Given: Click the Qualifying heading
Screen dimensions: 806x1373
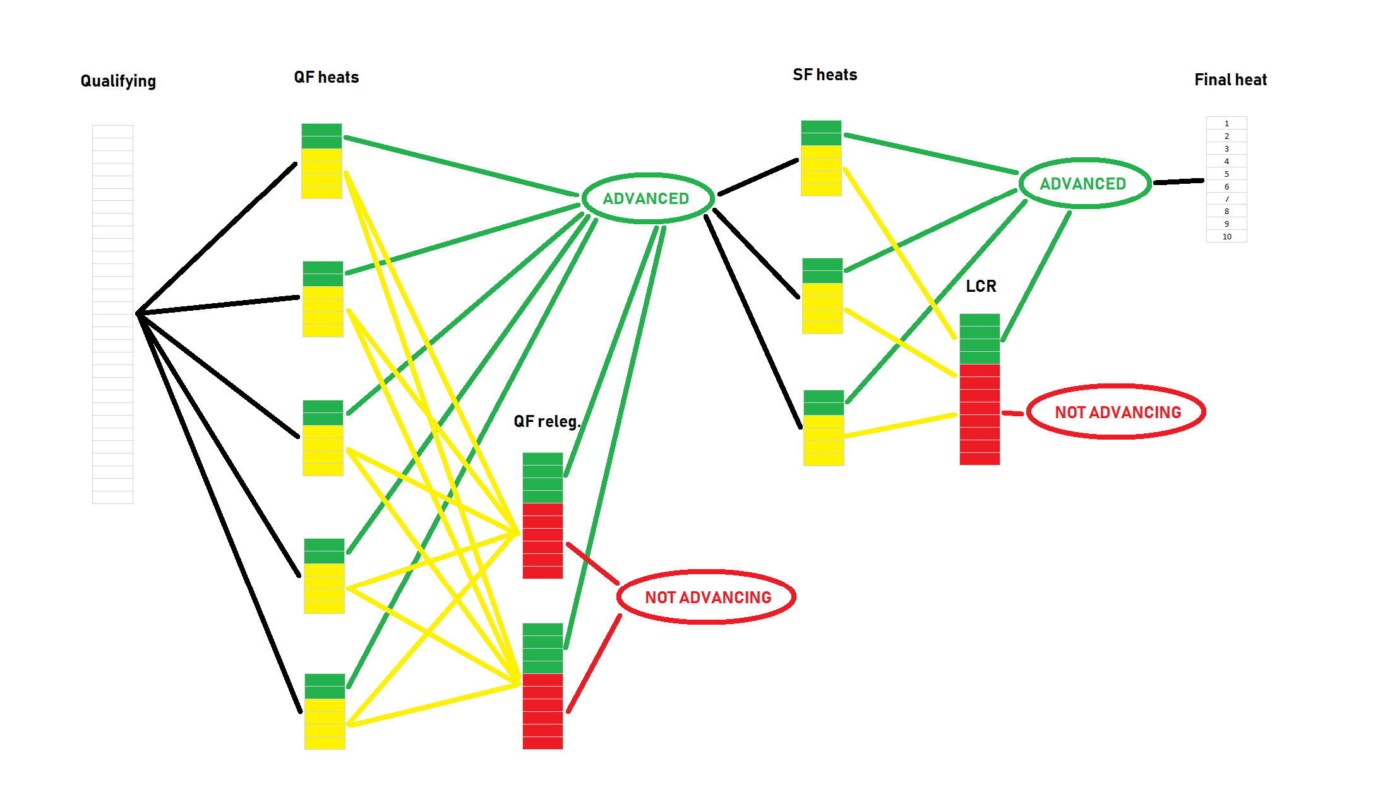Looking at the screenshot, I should click(x=118, y=81).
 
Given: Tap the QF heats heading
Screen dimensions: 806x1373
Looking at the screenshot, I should click(x=327, y=77).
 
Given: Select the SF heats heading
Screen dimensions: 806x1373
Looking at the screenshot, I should click(x=825, y=75).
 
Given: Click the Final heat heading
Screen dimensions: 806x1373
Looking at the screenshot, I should click(x=1230, y=80).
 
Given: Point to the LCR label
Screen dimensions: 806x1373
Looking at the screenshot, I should click(x=981, y=286).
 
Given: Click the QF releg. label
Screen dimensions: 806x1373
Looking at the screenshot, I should click(x=547, y=421).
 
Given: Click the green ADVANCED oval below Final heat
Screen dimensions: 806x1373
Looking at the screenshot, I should click(x=1083, y=183).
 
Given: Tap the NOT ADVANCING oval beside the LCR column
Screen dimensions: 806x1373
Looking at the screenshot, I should click(x=1117, y=412).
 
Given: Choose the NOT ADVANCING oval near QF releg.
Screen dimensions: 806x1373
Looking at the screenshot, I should click(x=707, y=597).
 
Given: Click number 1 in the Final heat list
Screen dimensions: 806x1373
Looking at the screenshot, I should click(x=1226, y=123).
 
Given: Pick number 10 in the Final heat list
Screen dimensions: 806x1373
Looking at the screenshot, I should click(x=1226, y=237).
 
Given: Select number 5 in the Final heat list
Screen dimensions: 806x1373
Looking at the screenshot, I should click(x=1226, y=174).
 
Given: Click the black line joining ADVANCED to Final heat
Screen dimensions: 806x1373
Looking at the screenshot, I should click(x=1178, y=182).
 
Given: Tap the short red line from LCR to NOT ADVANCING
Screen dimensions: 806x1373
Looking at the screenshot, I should click(x=1012, y=413).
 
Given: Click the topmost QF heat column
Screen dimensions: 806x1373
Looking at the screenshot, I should click(x=321, y=161).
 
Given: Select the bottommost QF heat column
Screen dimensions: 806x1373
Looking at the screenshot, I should click(x=325, y=711).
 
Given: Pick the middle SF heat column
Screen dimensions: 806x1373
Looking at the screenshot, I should click(x=822, y=296).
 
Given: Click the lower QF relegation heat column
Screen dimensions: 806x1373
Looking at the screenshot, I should click(x=543, y=686).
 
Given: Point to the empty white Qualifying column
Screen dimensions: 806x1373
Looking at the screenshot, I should click(x=112, y=314).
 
